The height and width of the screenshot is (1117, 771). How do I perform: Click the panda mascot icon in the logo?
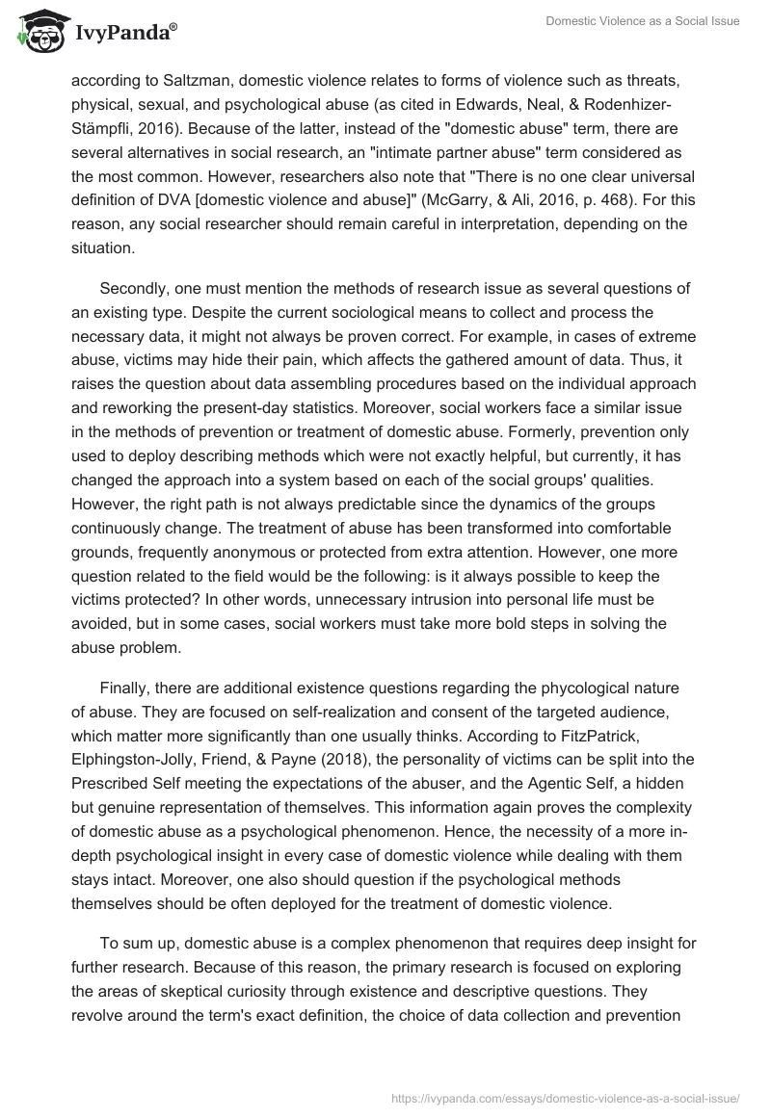pyautogui.click(x=36, y=33)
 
